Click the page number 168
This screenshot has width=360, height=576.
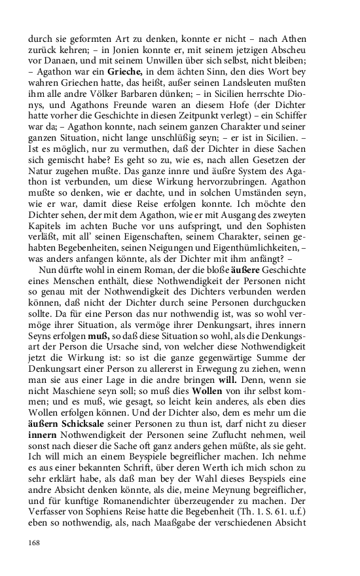35,542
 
